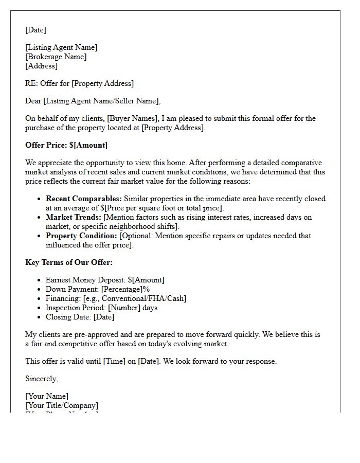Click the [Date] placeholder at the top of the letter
(35, 30)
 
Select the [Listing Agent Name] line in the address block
(61, 47)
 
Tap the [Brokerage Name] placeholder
(56, 57)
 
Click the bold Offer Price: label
(46, 145)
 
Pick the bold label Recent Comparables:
(84, 199)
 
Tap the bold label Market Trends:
(74, 217)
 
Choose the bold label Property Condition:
(81, 236)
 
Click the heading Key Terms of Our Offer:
(69, 262)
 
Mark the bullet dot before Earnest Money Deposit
(40, 280)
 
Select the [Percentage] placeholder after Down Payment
(122, 289)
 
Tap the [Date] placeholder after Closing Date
(104, 317)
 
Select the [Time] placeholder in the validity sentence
(114, 361)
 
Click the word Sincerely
(41, 379)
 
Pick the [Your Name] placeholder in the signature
(47, 396)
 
